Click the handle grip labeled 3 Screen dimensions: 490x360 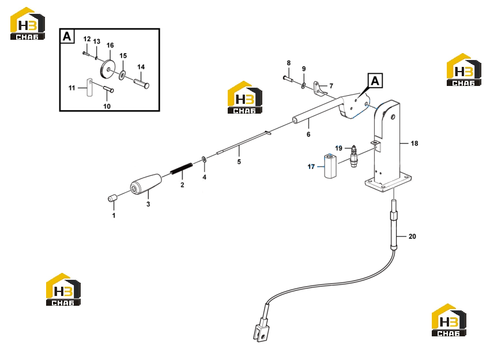[146, 184]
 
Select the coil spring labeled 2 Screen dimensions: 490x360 [181, 168]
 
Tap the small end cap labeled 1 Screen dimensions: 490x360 [112, 198]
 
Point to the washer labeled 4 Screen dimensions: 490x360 [204, 159]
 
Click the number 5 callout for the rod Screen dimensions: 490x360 [239, 162]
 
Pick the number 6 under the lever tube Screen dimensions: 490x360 [308, 134]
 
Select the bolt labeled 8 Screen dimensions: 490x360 [288, 78]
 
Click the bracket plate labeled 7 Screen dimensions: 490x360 [319, 88]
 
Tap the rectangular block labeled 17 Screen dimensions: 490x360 [330, 166]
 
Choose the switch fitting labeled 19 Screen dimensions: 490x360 [354, 156]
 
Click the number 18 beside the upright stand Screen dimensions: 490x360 [414, 143]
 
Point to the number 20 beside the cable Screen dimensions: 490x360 [412, 237]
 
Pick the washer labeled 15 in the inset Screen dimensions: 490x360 [122, 75]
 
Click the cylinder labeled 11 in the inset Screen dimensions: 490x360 [89, 87]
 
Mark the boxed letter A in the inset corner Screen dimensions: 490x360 [67, 36]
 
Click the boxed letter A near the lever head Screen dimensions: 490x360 [375, 81]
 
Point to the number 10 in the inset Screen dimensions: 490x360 [107, 106]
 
